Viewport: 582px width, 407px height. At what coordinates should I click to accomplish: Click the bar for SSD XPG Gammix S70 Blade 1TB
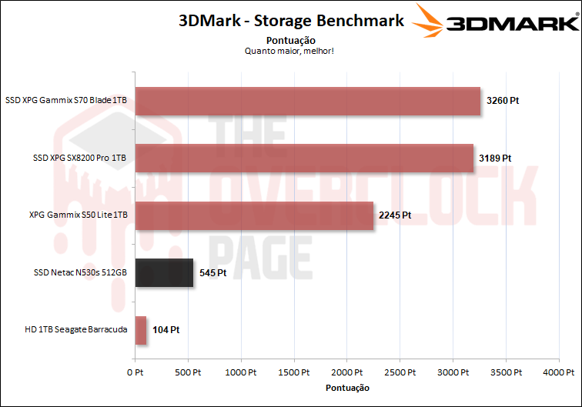pyautogui.click(x=308, y=100)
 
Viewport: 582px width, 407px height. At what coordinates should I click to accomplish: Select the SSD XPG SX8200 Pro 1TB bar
pyautogui.click(x=304, y=158)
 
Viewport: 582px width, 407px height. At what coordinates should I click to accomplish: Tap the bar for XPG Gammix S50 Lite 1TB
pyautogui.click(x=254, y=215)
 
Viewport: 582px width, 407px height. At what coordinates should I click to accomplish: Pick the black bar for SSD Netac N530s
pyautogui.click(x=164, y=272)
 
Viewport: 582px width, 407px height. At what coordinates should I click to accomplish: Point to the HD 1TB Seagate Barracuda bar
pyautogui.click(x=141, y=330)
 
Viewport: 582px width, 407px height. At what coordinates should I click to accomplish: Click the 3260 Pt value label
pyautogui.click(x=503, y=101)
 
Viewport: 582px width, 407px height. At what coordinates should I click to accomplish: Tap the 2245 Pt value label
pyautogui.click(x=395, y=215)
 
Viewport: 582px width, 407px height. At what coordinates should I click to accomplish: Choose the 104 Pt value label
pyautogui.click(x=166, y=331)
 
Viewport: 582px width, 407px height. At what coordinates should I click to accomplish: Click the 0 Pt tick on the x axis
pyautogui.click(x=135, y=372)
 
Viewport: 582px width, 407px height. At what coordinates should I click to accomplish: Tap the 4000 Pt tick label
pyautogui.click(x=560, y=372)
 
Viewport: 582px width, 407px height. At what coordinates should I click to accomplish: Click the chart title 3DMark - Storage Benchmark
pyautogui.click(x=291, y=21)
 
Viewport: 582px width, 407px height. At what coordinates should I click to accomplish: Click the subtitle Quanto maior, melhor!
pyautogui.click(x=290, y=51)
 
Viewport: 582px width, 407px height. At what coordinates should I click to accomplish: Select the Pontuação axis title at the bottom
pyautogui.click(x=347, y=388)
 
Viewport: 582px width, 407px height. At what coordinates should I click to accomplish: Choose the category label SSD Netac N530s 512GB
pyautogui.click(x=80, y=272)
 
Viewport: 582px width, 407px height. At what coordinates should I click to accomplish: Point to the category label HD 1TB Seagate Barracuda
pyautogui.click(x=75, y=330)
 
